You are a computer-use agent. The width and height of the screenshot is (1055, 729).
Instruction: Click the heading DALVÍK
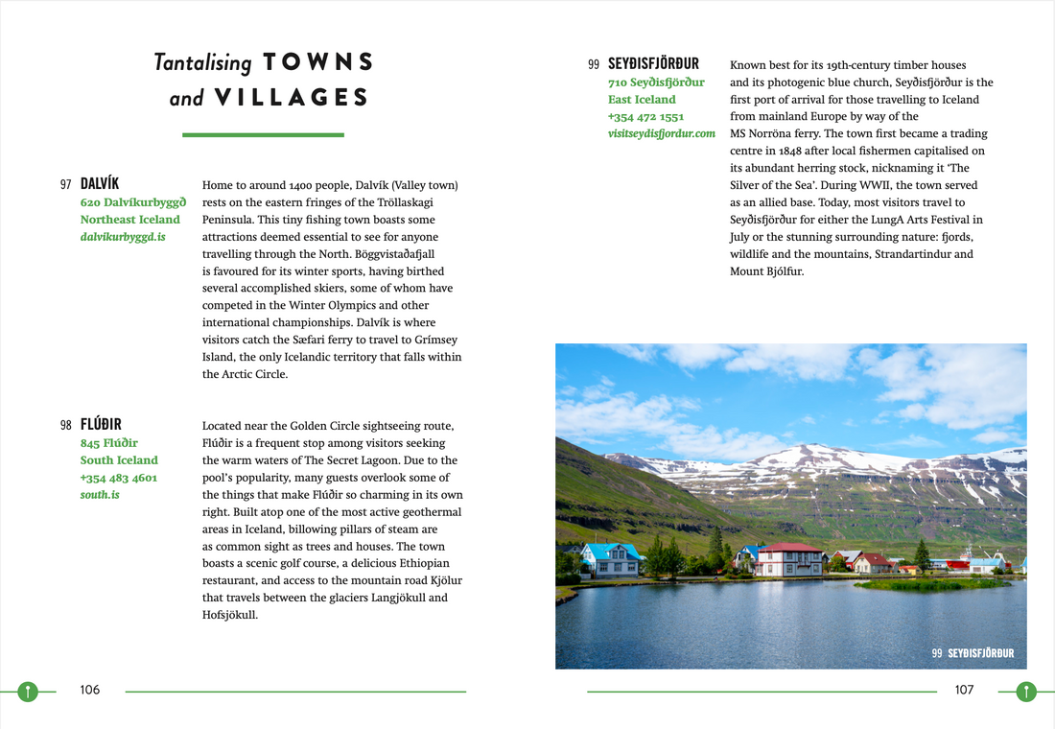100,183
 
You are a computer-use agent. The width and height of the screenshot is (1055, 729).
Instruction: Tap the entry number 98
66,425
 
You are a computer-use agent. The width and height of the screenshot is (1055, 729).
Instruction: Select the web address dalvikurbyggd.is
123,236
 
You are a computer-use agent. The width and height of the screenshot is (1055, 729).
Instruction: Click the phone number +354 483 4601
119,478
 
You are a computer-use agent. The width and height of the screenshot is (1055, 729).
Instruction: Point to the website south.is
100,495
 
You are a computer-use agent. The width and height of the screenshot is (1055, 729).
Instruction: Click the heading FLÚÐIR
101,424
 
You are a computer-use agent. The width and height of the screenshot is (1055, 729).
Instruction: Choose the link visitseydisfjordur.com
662,133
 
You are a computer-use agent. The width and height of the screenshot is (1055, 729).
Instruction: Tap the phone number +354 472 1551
645,116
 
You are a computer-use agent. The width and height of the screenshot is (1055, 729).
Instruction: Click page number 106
89,690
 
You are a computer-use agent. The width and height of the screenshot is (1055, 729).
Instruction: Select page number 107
964,690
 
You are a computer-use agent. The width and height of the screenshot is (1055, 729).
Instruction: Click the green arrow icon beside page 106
28,691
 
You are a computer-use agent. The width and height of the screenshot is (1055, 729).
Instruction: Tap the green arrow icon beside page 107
1026,691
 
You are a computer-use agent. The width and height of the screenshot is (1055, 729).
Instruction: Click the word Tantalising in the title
202,63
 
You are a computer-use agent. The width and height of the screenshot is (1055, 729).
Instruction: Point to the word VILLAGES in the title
292,98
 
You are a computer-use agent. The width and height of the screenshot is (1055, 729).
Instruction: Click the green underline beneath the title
263,135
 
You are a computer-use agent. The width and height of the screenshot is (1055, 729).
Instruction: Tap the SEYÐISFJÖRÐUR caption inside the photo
980,653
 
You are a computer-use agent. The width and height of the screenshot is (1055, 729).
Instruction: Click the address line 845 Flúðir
109,443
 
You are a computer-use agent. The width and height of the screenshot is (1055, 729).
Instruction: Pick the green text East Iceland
642,99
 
